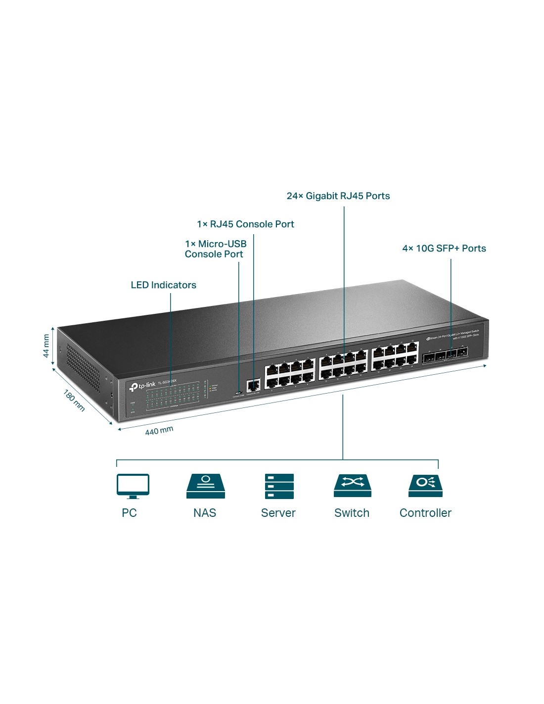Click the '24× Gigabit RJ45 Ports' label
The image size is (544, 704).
pos(338,196)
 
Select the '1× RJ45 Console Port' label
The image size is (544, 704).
pos(245,224)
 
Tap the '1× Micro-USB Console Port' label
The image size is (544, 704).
pos(215,249)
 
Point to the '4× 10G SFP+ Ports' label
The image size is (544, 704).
pos(444,249)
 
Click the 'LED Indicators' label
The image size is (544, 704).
pos(163,285)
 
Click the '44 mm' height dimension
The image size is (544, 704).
pos(46,346)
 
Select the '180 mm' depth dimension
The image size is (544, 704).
pos(74,401)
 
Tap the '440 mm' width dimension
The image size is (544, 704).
pos(159,431)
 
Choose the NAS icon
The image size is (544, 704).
pos(205,486)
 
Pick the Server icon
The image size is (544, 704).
pos(279,486)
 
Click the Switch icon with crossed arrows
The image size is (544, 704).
pos(352,486)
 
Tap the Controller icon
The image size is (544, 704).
pos(425,486)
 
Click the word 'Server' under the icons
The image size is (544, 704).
pos(278,513)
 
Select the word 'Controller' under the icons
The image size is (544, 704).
pos(425,513)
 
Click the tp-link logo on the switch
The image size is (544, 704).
pos(142,386)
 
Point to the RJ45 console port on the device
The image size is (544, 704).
pos(253,385)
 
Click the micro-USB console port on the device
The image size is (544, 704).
pos(238,394)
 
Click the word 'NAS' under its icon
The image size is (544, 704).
pos(205,513)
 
